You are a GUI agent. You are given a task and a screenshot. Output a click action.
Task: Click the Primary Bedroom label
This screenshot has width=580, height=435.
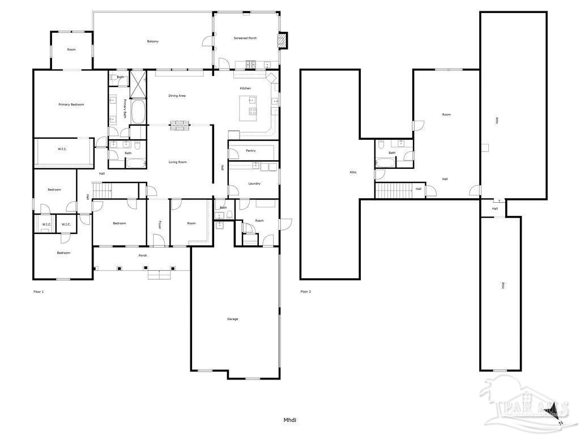pos(71,105)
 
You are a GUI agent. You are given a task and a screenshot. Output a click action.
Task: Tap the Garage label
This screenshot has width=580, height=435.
pos(232,319)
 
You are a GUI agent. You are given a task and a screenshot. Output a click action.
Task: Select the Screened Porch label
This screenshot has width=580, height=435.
pos(245,38)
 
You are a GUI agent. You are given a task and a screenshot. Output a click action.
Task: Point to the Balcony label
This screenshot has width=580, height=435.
pos(153,41)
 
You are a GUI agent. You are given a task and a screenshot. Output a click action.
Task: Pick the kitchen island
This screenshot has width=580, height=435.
pos(248,108)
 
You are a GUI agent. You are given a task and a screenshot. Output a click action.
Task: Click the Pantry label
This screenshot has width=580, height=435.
pos(251,151)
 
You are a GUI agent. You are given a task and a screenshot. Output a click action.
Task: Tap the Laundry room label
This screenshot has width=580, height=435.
pos(254,184)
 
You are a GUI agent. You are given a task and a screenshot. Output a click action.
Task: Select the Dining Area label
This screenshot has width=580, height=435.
pos(177,96)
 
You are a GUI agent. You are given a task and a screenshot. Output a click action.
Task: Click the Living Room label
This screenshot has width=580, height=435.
pos(177,162)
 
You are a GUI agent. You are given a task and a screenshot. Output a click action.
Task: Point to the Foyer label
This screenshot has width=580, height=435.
pos(160,224)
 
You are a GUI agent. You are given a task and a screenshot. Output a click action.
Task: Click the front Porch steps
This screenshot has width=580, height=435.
pos(159,275)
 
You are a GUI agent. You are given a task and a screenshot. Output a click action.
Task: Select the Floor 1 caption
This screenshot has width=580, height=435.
pos(39,292)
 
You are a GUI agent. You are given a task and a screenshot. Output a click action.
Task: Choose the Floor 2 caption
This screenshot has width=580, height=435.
pos(305,292)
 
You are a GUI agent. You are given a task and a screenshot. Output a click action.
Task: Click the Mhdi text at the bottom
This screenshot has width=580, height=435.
pos(290,420)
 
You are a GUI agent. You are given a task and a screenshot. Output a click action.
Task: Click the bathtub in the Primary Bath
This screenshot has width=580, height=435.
pos(138,112)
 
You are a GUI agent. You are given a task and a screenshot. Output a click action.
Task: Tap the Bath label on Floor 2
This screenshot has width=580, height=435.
pos(392,153)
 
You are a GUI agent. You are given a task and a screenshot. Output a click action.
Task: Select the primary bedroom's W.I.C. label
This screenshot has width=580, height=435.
pos(62,150)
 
